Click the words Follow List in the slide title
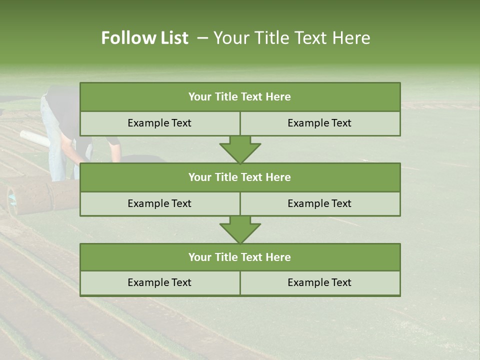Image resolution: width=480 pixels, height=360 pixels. click(144, 38)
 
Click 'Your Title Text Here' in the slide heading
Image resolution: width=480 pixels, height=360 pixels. click(291, 38)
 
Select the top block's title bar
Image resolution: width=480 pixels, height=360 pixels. click(240, 97)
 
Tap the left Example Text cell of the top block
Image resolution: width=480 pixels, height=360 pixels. click(159, 123)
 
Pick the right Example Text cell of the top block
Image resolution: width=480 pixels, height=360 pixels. click(320, 123)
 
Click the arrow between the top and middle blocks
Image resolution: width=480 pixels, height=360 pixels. click(240, 149)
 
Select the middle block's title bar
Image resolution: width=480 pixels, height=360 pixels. click(240, 177)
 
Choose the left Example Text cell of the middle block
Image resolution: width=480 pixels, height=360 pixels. click(159, 204)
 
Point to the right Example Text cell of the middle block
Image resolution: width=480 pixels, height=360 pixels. click(320, 204)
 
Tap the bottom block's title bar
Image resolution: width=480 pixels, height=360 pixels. click(240, 257)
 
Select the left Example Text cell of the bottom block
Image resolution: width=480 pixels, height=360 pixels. click(159, 283)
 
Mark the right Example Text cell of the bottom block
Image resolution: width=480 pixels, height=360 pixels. click(320, 283)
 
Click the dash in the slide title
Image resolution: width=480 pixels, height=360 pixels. click(202, 38)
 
